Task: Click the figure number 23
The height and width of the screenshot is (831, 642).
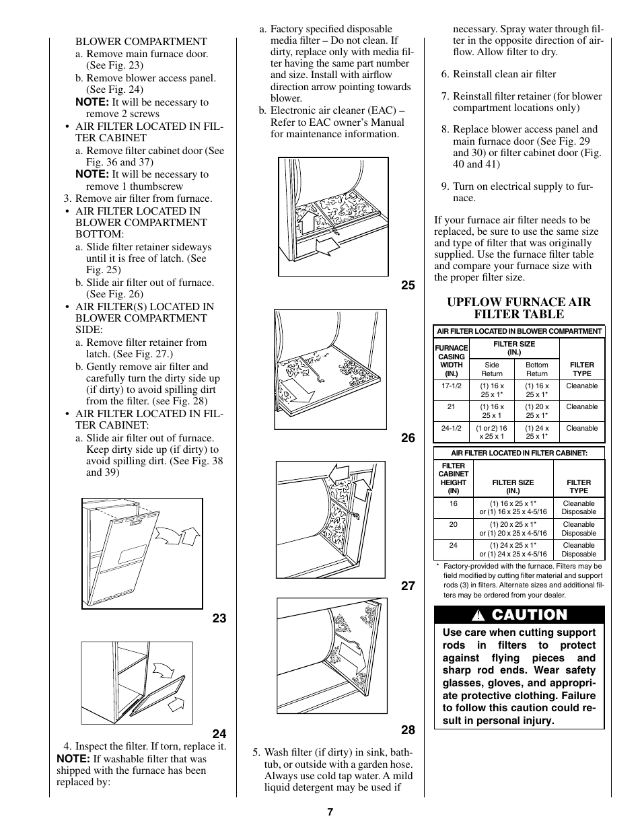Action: (x=219, y=618)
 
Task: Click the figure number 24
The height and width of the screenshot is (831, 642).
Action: (x=219, y=733)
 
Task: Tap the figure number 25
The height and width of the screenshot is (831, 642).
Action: (x=408, y=285)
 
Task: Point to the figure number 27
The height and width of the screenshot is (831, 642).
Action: (x=408, y=586)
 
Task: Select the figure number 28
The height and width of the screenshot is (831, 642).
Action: (x=408, y=730)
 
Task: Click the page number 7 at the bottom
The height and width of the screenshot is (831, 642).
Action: (x=330, y=811)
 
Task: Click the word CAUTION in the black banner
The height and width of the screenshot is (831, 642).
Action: (x=529, y=614)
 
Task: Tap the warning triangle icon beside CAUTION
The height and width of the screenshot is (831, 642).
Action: (x=479, y=615)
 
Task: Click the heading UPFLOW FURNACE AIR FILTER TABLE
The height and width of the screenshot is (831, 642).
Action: (x=519, y=308)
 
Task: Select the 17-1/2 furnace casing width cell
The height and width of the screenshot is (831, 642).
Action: (x=452, y=386)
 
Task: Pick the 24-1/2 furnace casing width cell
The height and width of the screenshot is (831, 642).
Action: (x=452, y=428)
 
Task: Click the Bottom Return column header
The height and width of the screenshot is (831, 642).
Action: (x=536, y=369)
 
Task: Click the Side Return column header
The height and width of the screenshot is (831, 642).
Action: (x=492, y=369)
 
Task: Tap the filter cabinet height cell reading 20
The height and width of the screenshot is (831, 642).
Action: (x=453, y=525)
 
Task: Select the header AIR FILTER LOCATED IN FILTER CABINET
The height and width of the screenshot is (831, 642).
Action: (x=519, y=454)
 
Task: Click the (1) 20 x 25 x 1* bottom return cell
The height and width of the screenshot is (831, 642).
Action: (x=536, y=411)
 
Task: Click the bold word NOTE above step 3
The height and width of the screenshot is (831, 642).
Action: (x=92, y=174)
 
